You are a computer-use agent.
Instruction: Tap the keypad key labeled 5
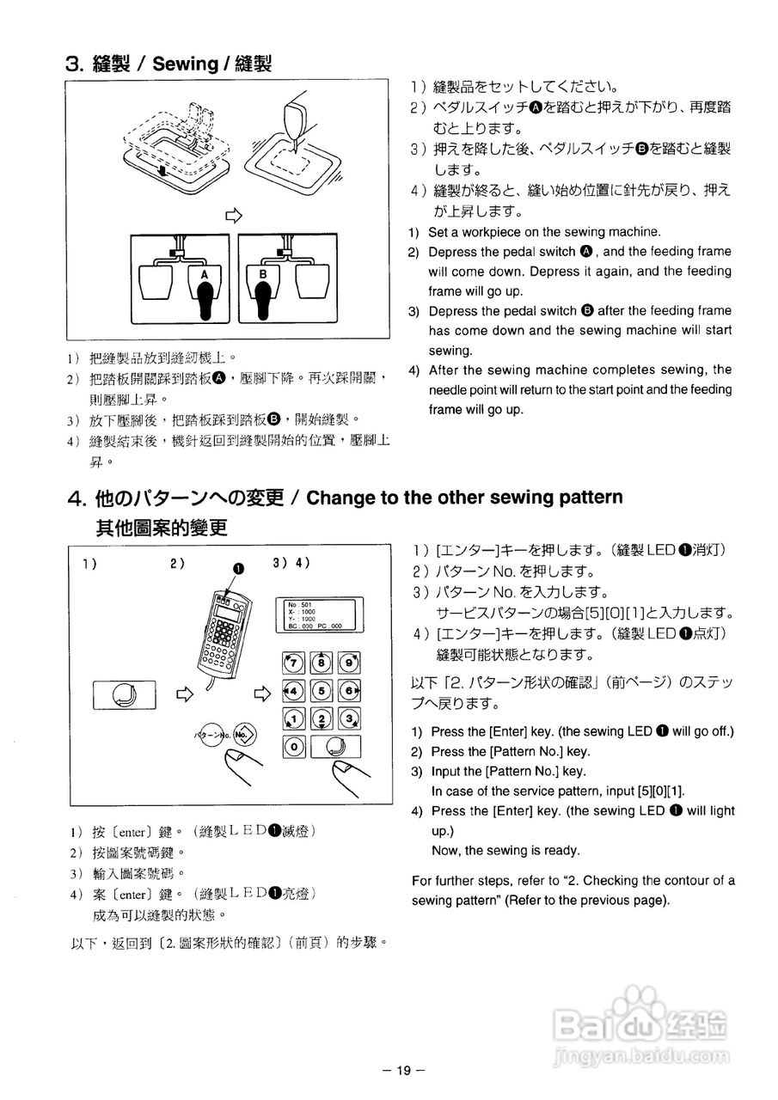click(x=322, y=690)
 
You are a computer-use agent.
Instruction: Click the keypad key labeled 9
click(x=349, y=662)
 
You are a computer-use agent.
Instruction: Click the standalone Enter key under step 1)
click(x=124, y=694)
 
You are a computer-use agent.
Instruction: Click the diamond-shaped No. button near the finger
click(x=244, y=735)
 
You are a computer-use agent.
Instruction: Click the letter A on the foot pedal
click(x=205, y=273)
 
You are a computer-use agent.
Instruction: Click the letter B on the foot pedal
click(x=264, y=273)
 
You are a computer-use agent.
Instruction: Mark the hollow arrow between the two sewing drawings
click(x=232, y=216)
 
